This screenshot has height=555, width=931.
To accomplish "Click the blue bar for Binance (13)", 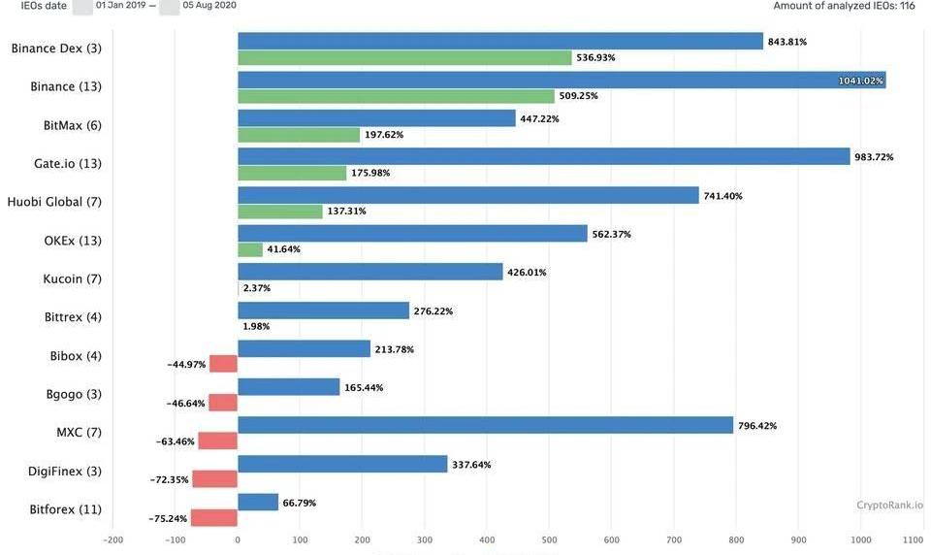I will point(562,80).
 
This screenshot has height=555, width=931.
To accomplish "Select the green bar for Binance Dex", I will point(404,57).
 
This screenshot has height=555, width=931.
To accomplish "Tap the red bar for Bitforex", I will point(214,518).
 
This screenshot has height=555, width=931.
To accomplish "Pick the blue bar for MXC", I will point(485,425).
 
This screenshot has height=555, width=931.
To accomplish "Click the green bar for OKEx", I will point(250,249).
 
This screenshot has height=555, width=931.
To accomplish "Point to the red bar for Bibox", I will point(224,364).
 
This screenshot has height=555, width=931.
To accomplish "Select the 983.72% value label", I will point(873,157).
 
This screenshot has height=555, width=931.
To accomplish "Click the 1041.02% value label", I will point(860,81).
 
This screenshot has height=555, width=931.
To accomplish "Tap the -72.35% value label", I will point(169,480).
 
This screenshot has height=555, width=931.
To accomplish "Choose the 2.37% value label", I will point(257,288).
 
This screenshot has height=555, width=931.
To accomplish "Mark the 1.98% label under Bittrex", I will point(256,326).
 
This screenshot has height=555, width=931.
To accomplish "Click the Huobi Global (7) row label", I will point(54,202).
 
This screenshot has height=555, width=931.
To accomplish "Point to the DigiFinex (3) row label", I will point(64,472).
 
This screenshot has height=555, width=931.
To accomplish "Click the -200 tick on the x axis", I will point(112,540).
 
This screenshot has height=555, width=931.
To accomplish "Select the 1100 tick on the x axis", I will point(913,540).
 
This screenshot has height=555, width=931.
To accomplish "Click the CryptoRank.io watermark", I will point(889,505).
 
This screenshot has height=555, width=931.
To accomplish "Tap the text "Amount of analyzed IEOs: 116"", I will point(844,6).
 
